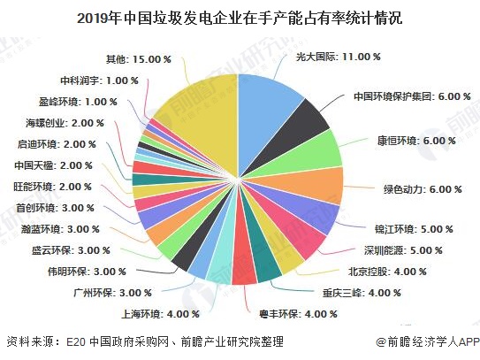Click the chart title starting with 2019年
click(240, 15)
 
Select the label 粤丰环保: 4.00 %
click(293, 313)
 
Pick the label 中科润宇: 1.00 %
click(99, 80)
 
